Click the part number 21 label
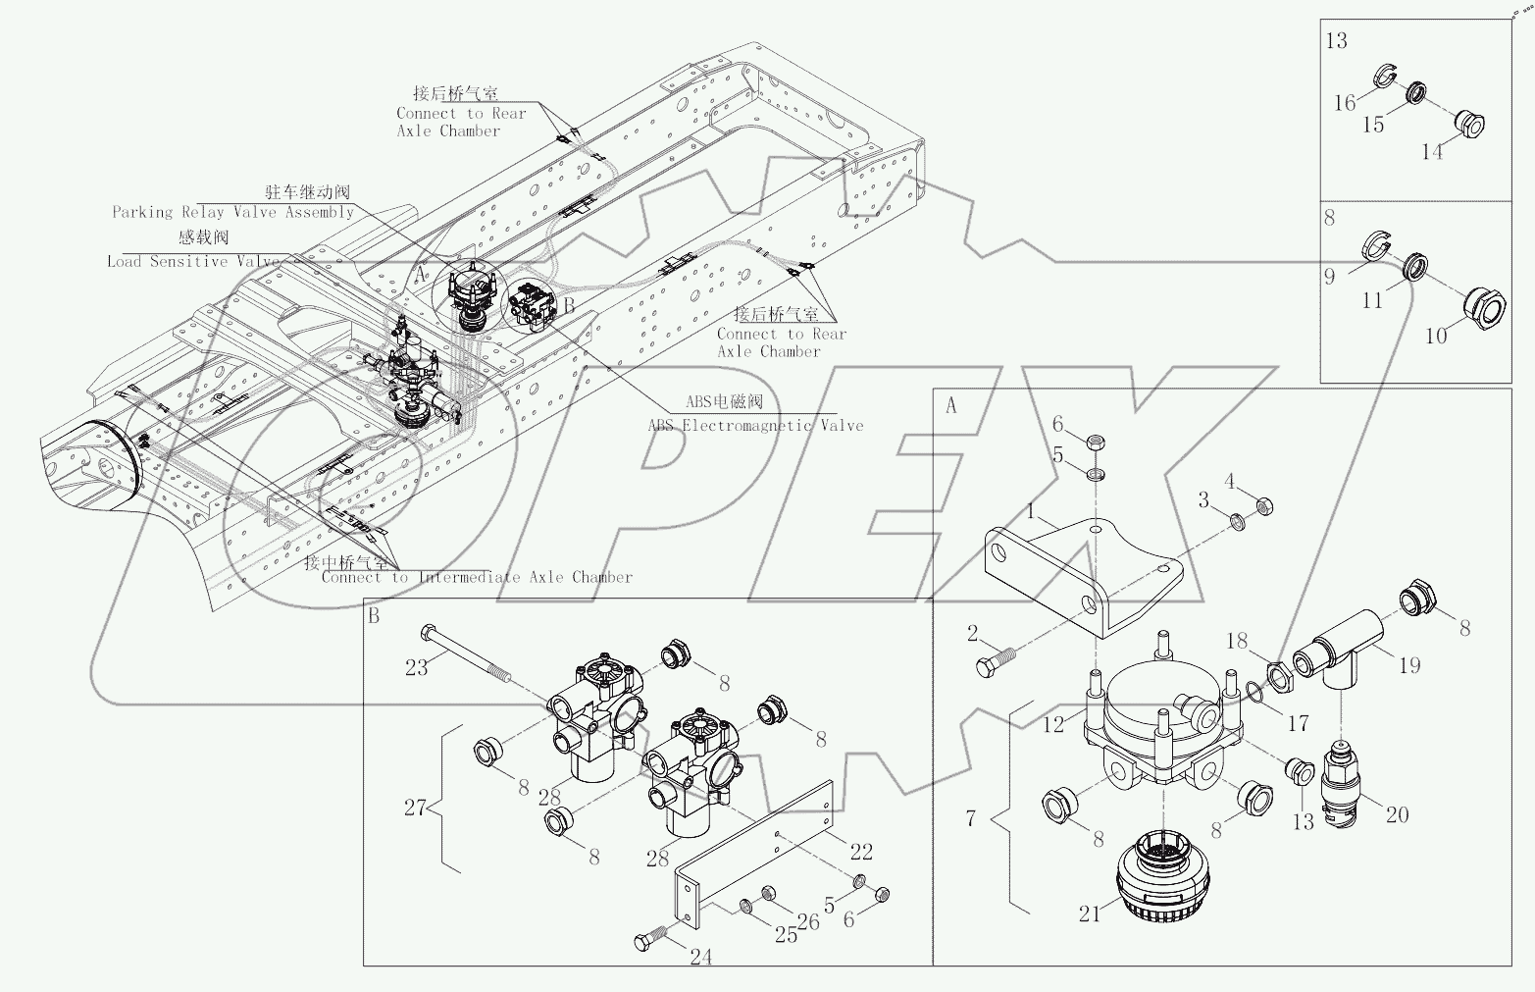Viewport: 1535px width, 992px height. [x=1089, y=914]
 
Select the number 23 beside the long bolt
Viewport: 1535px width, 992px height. [x=417, y=668]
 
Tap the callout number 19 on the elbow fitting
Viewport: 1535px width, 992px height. [x=1408, y=666]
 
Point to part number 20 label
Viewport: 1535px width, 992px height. [x=1397, y=813]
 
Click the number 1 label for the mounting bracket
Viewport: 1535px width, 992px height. [x=1031, y=511]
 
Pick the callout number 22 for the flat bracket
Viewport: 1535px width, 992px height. [x=860, y=852]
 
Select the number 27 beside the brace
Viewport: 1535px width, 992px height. [x=416, y=808]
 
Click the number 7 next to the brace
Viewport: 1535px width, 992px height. [x=970, y=817]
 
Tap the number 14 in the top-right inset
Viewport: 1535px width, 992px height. [x=1432, y=152]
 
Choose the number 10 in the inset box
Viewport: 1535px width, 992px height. [x=1435, y=336]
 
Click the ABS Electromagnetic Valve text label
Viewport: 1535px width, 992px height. [x=755, y=425]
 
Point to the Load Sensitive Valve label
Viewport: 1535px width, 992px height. [x=192, y=261]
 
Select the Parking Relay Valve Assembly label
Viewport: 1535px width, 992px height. [x=232, y=212]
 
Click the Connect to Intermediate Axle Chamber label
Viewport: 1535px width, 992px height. [x=477, y=577]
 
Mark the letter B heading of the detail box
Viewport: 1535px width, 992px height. [x=374, y=616]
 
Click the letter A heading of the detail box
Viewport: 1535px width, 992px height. [x=949, y=405]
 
